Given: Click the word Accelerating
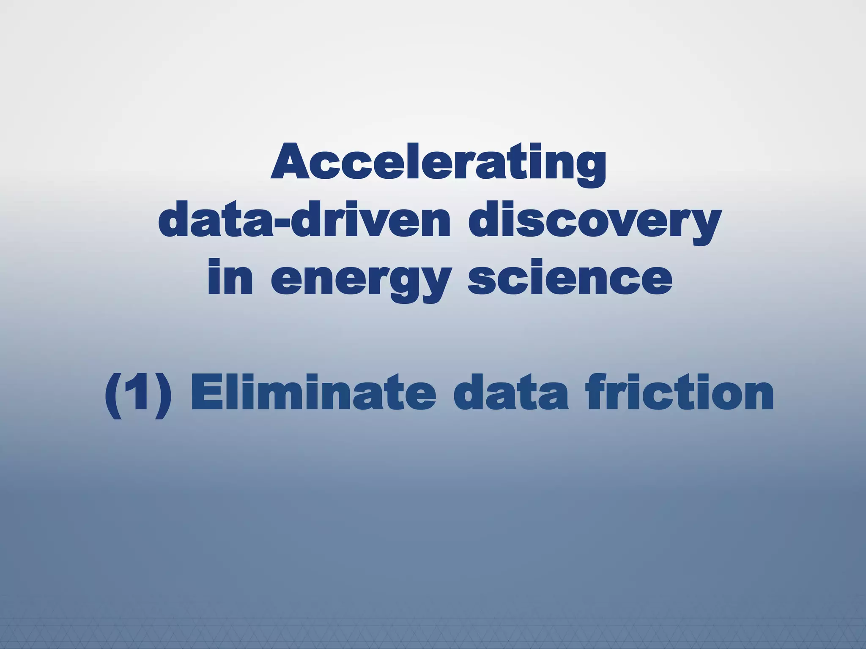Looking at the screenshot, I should click(x=438, y=166).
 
